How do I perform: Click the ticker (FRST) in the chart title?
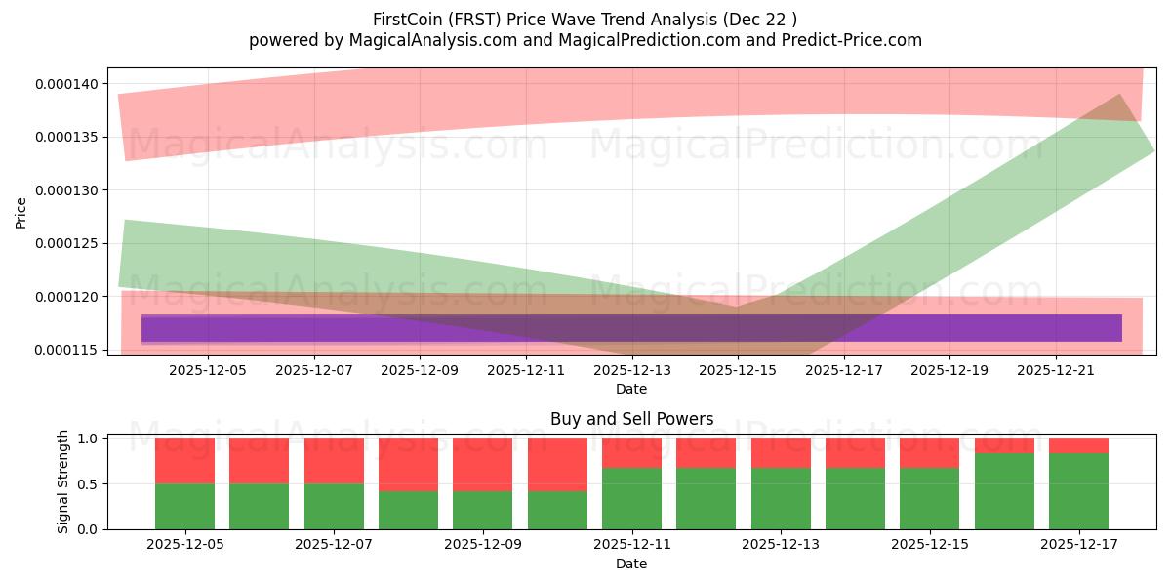pos(475,20)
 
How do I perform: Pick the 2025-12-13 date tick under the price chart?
pos(632,371)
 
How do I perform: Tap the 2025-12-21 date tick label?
pos(1056,371)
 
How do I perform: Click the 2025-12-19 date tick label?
pos(949,371)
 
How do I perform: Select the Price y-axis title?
pos(22,212)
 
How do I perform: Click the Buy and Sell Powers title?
pos(631,419)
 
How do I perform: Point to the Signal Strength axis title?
pos(63,481)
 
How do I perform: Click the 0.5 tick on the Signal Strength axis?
pos(86,484)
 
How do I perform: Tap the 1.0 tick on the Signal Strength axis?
pos(86,439)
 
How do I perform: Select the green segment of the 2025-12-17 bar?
pos(1078,491)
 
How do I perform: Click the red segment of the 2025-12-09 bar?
pos(483,464)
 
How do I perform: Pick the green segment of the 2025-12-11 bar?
pos(631,498)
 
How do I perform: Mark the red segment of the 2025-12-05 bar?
pos(184,461)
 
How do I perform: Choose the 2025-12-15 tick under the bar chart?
pos(930,544)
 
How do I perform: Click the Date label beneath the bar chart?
pos(631,564)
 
